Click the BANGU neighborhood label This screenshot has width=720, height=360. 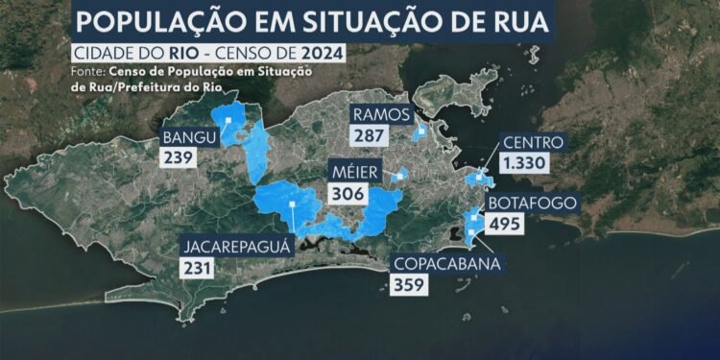189,135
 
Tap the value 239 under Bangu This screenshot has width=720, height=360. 180,156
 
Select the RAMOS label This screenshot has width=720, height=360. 381,115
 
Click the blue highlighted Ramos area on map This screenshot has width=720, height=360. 419,132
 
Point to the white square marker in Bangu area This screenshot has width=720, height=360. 228,121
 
